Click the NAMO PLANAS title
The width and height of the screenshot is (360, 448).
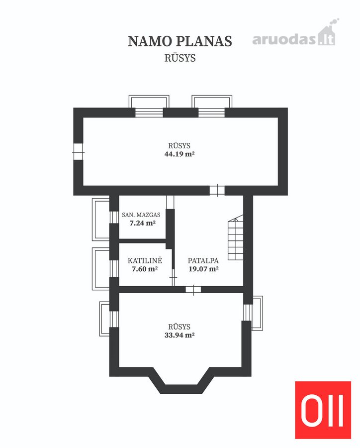click(x=180, y=41)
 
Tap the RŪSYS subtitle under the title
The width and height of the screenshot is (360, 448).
click(x=180, y=58)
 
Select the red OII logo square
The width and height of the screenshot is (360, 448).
click(x=323, y=410)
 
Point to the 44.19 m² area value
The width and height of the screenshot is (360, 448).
click(x=180, y=154)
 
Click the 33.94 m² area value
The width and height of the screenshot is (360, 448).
click(x=180, y=335)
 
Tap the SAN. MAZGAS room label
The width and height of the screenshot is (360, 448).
click(x=141, y=215)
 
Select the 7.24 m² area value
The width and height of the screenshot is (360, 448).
click(x=142, y=223)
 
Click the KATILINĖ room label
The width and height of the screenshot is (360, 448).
click(x=145, y=260)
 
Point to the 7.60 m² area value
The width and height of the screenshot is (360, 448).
click(x=145, y=269)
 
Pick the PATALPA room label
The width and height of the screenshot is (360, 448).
click(x=203, y=260)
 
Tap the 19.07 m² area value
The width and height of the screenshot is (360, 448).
click(x=203, y=269)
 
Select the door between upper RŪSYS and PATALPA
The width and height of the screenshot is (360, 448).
click(x=217, y=190)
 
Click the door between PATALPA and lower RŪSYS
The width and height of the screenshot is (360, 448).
click(x=193, y=289)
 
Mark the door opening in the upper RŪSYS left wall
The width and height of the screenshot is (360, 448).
click(x=78, y=152)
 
